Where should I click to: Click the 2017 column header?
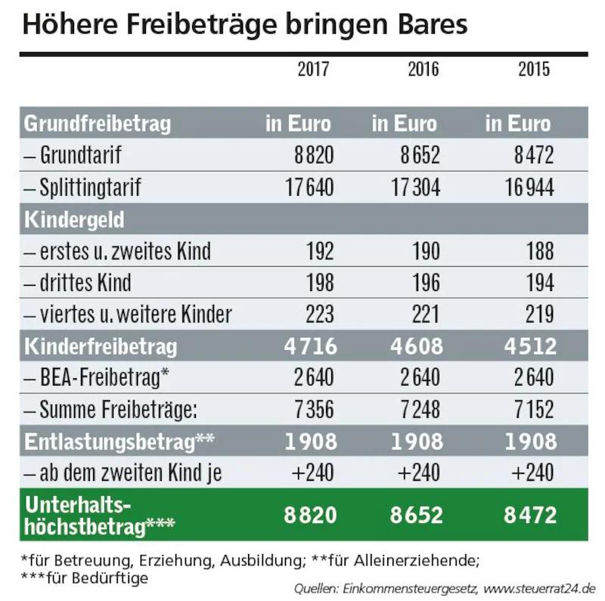[313, 70]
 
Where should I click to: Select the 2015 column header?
[534, 70]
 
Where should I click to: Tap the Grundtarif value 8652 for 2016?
[421, 156]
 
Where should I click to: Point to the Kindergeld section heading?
[74, 220]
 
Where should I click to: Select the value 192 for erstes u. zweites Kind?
[318, 251]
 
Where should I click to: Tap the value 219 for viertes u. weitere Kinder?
[538, 314]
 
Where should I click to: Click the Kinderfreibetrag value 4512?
[529, 346]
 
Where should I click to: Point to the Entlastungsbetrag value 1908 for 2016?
[417, 441]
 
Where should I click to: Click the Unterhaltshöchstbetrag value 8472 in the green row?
[529, 515]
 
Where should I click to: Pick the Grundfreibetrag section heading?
[98, 123]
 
